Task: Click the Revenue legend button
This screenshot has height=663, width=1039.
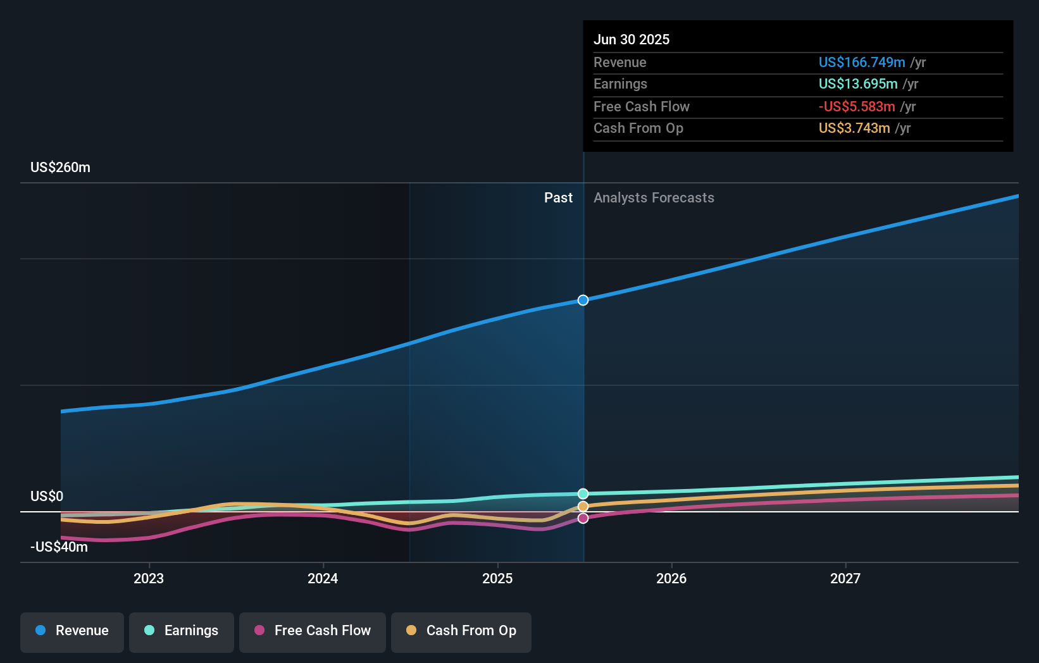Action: click(x=72, y=631)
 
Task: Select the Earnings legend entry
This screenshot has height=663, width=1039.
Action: click(x=182, y=631)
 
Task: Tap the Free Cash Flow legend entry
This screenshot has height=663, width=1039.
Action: click(x=313, y=631)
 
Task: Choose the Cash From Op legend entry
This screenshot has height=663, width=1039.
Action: click(x=461, y=631)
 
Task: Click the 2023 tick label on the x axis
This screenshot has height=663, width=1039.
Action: click(x=149, y=578)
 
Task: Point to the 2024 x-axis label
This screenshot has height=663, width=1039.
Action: click(x=323, y=578)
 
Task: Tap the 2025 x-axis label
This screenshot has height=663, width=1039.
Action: click(x=497, y=578)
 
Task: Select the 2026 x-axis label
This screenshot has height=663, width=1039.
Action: click(x=671, y=578)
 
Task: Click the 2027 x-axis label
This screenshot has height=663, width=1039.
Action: click(x=845, y=578)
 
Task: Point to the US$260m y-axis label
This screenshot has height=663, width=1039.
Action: click(x=61, y=168)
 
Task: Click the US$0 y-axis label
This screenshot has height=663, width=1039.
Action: click(x=47, y=496)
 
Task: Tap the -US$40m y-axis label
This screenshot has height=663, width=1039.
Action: click(x=59, y=547)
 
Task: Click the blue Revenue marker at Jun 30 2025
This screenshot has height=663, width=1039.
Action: click(x=583, y=300)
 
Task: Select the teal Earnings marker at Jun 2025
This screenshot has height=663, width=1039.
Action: click(x=583, y=493)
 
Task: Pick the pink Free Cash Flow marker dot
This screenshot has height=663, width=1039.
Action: click(x=583, y=518)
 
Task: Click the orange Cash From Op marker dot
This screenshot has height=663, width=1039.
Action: click(x=583, y=507)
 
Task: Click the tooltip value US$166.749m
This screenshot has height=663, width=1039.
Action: click(x=862, y=62)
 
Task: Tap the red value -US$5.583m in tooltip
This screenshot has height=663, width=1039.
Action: click(x=857, y=106)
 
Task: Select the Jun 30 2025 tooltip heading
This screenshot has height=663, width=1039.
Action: click(x=631, y=39)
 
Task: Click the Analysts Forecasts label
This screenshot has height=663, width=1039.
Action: click(x=654, y=198)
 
